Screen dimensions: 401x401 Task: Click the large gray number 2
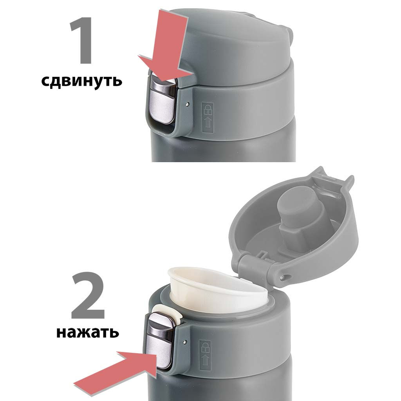pyautogui.click(x=88, y=297)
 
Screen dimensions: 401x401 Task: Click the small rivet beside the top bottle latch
pyautogui.click(x=188, y=104)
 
